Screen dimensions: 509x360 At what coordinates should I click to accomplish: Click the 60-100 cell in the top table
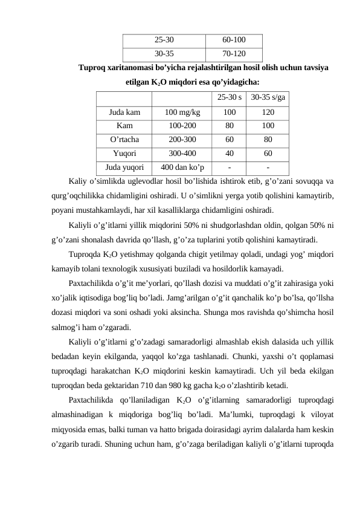tap(233, 41)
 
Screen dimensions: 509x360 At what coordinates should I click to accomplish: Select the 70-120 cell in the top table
tap(233, 53)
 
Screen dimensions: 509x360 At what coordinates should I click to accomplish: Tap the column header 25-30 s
tap(230, 97)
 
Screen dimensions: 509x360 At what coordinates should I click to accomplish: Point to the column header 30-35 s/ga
tap(268, 97)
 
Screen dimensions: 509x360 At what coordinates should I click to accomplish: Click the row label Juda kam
tap(124, 112)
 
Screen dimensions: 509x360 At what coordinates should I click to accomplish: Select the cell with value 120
tap(268, 112)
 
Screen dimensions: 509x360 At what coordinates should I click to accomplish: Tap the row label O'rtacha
tap(124, 140)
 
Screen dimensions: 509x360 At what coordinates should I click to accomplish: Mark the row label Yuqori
tap(124, 154)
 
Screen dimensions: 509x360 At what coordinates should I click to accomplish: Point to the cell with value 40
tap(230, 154)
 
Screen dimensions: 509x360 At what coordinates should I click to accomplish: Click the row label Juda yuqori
tap(124, 167)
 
